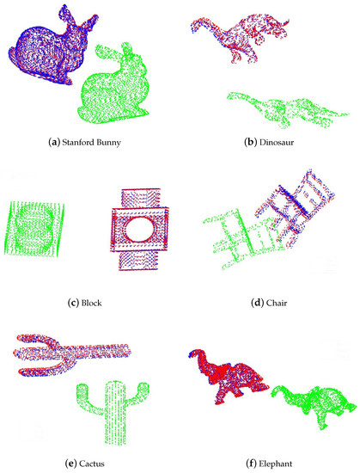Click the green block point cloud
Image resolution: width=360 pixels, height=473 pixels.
[x=34, y=229]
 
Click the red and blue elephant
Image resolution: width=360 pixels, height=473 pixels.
[x=229, y=377]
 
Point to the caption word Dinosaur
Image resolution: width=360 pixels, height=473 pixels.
[x=277, y=142]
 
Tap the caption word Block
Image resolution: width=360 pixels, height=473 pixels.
[x=91, y=303]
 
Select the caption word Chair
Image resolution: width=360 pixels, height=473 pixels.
[x=277, y=303]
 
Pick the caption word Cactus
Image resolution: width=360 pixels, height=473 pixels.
[x=92, y=464]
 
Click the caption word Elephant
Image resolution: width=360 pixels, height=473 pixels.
[x=275, y=464]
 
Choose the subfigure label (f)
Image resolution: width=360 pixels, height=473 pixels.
[x=251, y=464]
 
